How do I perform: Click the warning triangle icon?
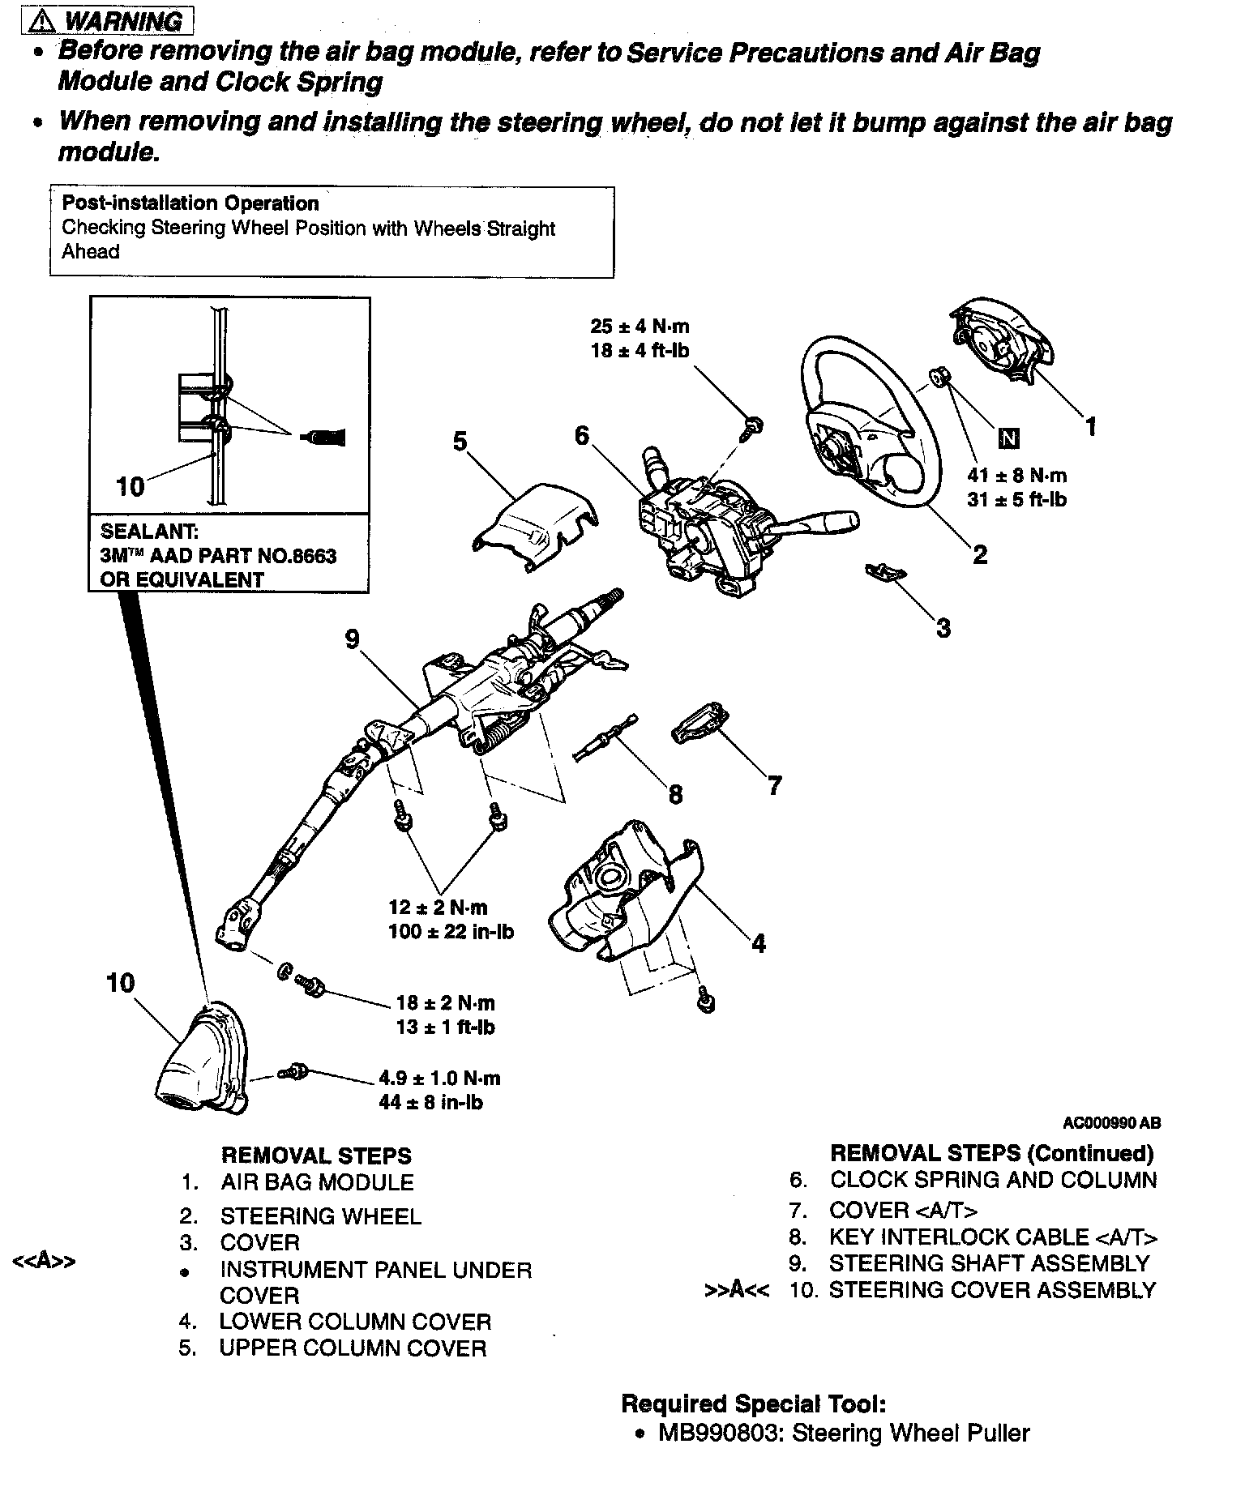point(40,21)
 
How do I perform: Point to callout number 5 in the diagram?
point(460,442)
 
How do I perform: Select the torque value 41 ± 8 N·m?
point(1016,476)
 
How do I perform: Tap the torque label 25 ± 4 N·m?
point(640,327)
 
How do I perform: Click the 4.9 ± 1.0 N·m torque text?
point(439,1079)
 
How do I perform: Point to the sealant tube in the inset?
point(324,438)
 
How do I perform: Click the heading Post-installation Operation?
point(190,203)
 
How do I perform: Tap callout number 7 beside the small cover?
point(774,784)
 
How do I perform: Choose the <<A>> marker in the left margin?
point(45,1261)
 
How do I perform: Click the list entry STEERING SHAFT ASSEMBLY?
point(989,1263)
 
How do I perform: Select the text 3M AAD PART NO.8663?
point(218,556)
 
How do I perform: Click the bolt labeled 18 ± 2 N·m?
point(311,986)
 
